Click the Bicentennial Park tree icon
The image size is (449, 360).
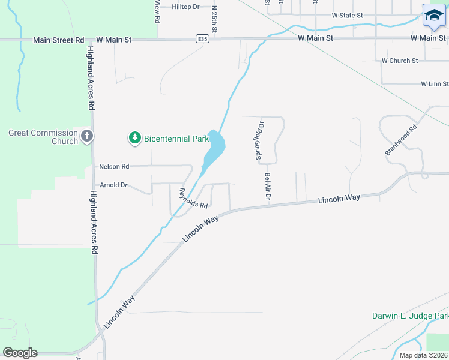(x=135, y=139)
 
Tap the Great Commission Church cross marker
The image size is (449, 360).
(x=87, y=136)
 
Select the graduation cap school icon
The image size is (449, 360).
(x=433, y=16)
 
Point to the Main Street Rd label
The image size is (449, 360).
(x=59, y=40)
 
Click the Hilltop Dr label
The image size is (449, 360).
(x=185, y=7)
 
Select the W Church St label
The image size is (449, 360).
(x=400, y=61)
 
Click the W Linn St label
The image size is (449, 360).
(x=435, y=84)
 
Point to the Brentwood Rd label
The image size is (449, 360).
(x=401, y=140)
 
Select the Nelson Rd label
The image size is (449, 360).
(x=114, y=166)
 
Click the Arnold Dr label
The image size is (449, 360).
(x=113, y=185)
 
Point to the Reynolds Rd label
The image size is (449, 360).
(x=193, y=197)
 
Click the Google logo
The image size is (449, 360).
(x=20, y=353)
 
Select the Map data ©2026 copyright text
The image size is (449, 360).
(x=423, y=355)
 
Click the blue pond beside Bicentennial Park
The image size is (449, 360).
(x=214, y=147)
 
